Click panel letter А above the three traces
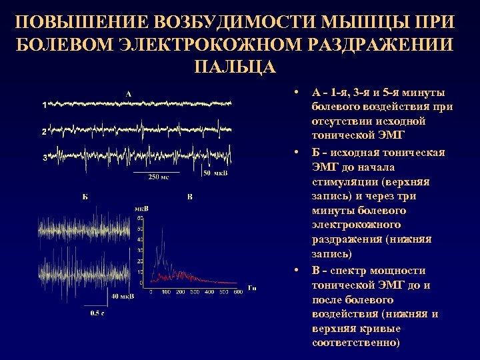[x=128, y=94]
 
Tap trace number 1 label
[x=44, y=105]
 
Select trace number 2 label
[x=44, y=132]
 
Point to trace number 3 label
[x=44, y=158]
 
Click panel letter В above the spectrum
[x=190, y=197]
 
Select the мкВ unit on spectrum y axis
[x=141, y=209]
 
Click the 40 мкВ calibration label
[x=121, y=296]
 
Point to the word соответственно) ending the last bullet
[x=355, y=343]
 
